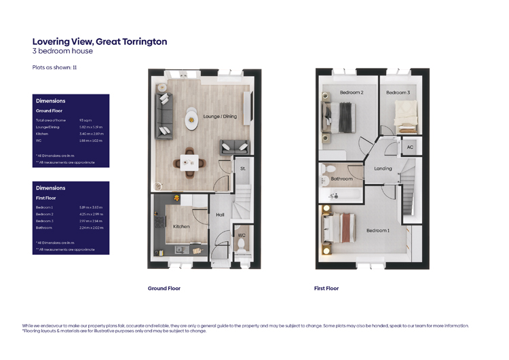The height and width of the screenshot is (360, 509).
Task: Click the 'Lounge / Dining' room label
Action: (x=220, y=116)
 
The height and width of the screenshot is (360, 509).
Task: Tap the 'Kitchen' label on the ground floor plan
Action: (x=181, y=226)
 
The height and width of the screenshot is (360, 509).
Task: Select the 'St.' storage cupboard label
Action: (x=242, y=168)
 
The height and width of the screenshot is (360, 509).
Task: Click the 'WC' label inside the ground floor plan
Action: (x=241, y=236)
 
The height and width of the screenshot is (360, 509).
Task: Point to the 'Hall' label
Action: (x=220, y=215)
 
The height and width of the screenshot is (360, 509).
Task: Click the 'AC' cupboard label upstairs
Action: (x=410, y=147)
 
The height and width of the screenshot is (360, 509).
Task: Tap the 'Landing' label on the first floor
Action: (x=383, y=168)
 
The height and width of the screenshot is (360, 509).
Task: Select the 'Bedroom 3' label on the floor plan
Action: (x=398, y=92)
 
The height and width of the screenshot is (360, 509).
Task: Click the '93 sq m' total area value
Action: (x=86, y=120)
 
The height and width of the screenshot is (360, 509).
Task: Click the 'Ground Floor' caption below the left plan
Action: (x=164, y=288)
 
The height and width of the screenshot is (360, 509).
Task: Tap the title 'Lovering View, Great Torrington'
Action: (x=100, y=41)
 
